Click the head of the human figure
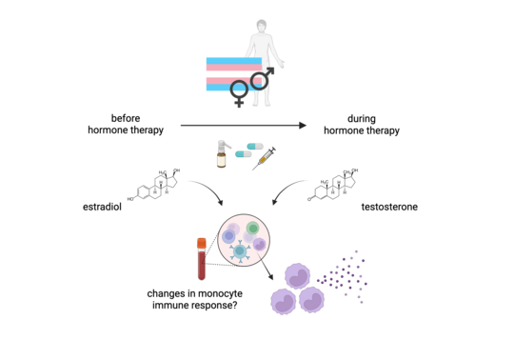point(262,26)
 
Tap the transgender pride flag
point(225,70)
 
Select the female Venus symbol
point(239,92)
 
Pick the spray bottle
point(222,154)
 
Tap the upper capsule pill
point(254,146)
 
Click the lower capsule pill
point(243,153)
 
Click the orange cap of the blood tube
point(202,244)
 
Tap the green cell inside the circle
point(252,229)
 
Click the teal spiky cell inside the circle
point(240,251)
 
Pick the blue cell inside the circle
point(229,236)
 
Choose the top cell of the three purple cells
point(297,276)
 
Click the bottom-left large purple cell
point(283,301)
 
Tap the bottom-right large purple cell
point(311,299)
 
